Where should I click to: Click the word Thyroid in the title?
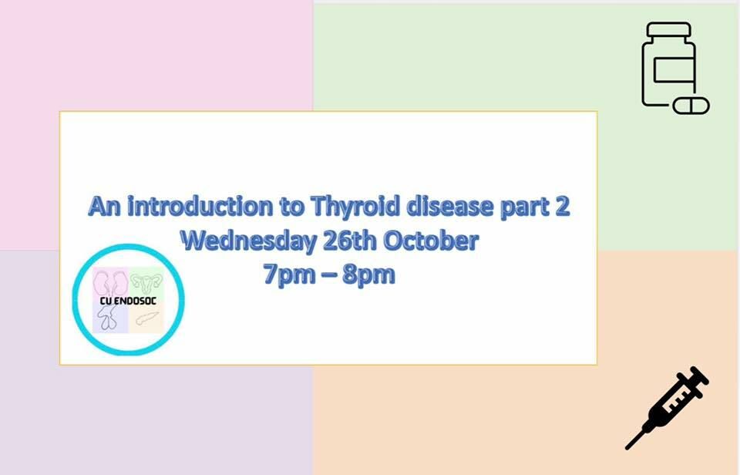[x=355, y=207]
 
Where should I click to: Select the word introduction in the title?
[x=200, y=207]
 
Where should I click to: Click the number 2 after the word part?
[x=562, y=207]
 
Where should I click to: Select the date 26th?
[x=350, y=241]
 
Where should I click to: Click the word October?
[x=431, y=241]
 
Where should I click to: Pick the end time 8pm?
[x=368, y=275]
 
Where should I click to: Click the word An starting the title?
[x=105, y=207]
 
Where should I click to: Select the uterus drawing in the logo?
[x=146, y=282]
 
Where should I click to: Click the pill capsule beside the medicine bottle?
[x=691, y=106]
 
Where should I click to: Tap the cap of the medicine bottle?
[x=668, y=29]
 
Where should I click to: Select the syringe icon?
[x=667, y=408]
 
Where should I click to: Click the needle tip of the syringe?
[x=627, y=447]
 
